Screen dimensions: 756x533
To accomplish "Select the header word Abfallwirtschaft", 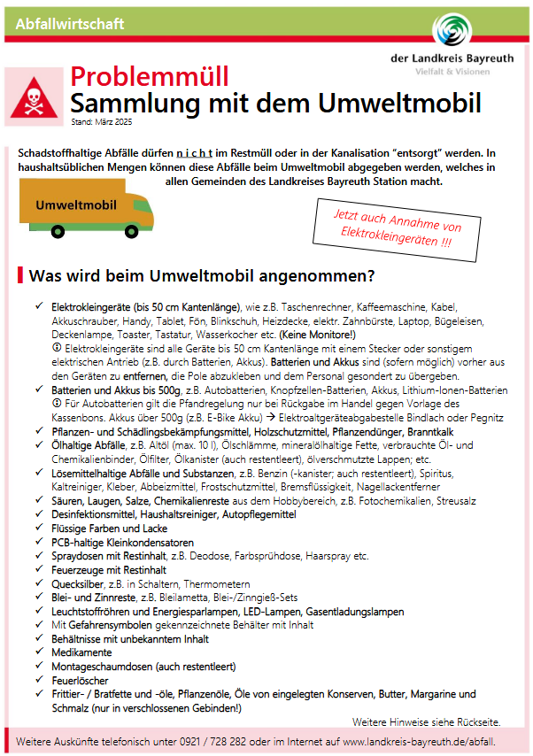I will tap(70, 24).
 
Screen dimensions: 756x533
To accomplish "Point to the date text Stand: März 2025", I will tap(100, 120).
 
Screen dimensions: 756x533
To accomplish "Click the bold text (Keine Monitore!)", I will tap(318, 336).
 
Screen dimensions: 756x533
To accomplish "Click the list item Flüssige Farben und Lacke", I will tap(103, 528).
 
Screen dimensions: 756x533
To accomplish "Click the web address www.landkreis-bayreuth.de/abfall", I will tap(419, 740).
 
